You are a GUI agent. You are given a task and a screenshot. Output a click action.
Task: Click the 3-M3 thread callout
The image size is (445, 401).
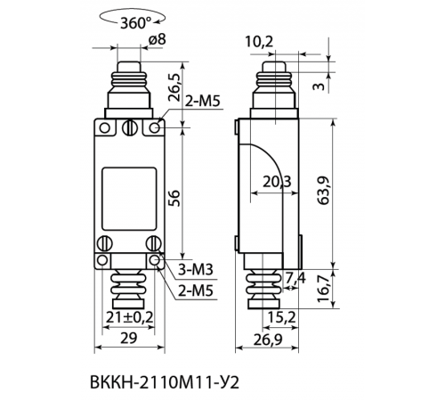(x=201, y=268)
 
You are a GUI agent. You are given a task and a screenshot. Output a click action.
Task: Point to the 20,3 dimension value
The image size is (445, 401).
(x=277, y=182)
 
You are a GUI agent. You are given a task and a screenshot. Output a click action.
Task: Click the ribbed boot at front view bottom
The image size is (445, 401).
(x=128, y=285)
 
